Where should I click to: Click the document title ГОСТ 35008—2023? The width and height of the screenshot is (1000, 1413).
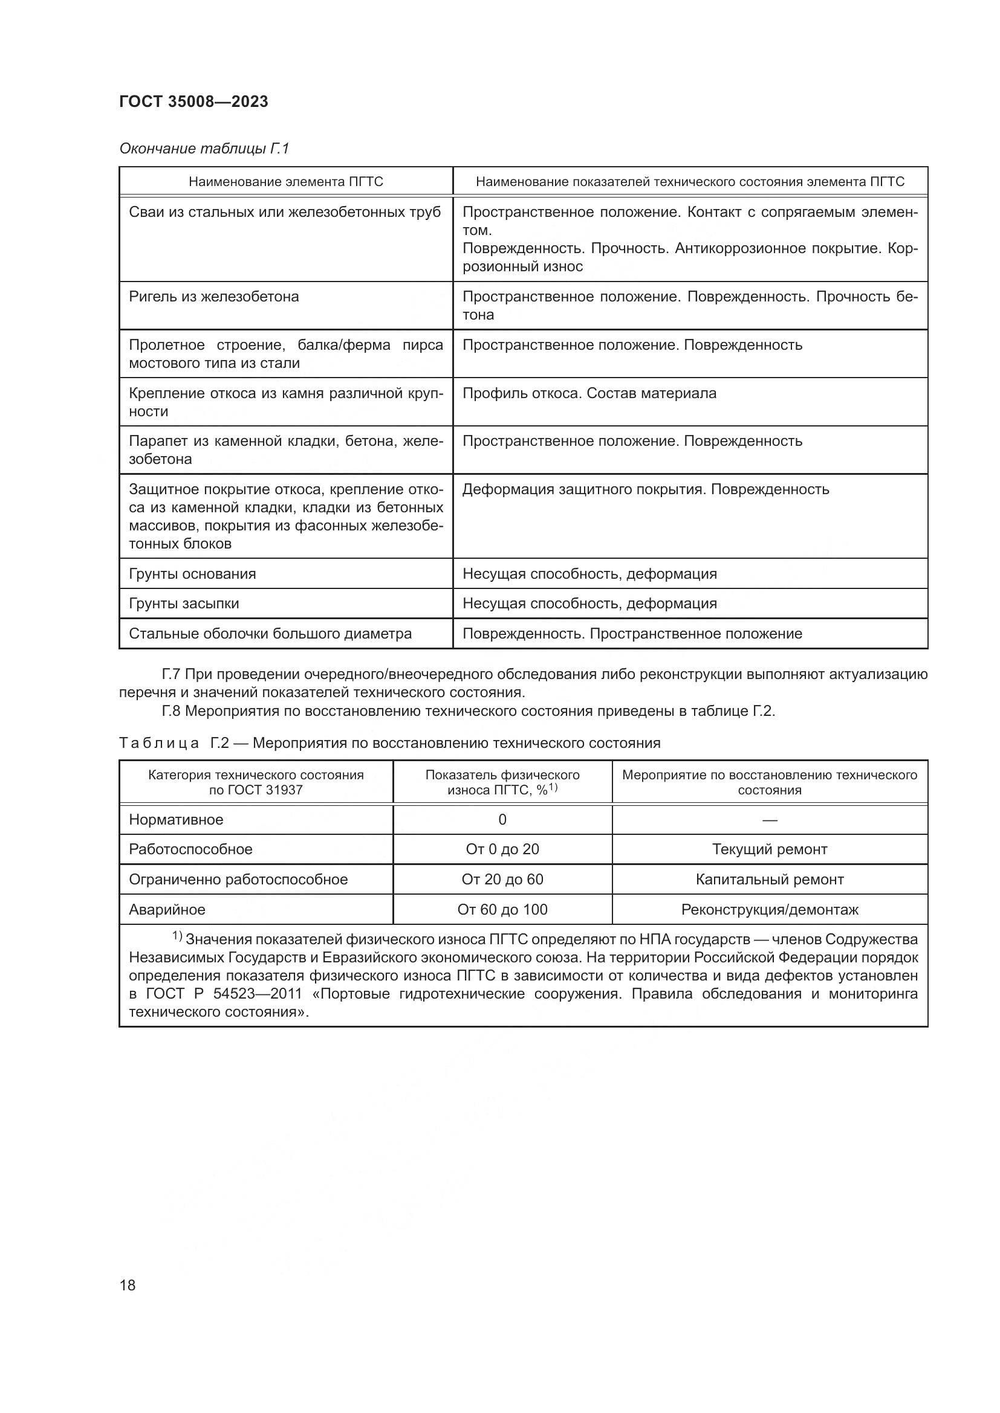(x=193, y=102)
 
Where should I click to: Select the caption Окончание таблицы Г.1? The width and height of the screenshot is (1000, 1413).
(x=204, y=149)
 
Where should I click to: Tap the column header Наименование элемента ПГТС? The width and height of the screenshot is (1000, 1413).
(x=286, y=182)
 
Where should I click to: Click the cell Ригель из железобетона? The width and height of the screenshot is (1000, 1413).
(x=213, y=297)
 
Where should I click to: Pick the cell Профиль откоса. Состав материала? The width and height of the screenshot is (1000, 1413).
(x=589, y=393)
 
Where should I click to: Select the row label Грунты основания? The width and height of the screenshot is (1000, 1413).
(x=192, y=573)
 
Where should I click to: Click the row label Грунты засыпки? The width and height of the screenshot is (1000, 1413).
(x=184, y=604)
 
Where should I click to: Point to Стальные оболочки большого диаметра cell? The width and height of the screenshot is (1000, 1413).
(x=270, y=634)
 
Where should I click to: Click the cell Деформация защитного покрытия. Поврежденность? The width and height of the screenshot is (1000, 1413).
(x=645, y=489)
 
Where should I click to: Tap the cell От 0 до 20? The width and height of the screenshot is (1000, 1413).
(x=502, y=849)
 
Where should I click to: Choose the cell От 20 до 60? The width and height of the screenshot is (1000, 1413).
(x=502, y=880)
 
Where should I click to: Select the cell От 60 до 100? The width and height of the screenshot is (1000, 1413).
(x=502, y=910)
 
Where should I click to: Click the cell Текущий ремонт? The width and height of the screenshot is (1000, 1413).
(x=769, y=849)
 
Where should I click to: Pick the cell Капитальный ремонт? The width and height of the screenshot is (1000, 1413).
(x=769, y=880)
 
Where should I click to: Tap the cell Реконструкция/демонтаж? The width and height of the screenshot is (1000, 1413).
(x=769, y=910)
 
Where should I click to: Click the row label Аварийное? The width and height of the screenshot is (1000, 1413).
(x=167, y=910)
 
